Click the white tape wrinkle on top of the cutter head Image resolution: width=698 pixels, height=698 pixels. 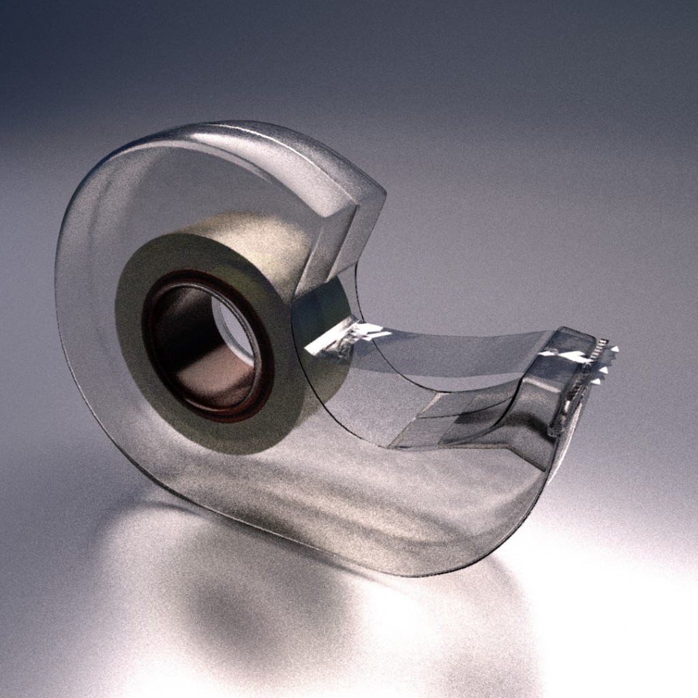566,354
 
